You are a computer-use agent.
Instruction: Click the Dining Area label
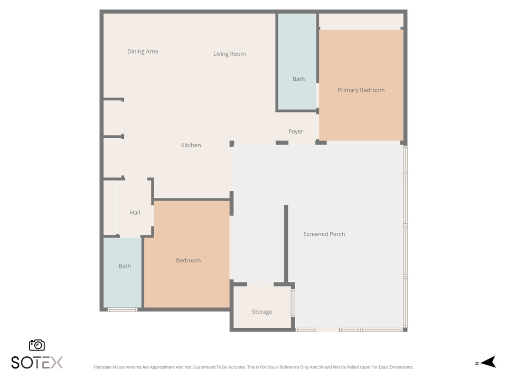[143, 51]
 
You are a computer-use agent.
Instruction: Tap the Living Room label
[229, 54]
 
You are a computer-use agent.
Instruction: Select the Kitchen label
[191, 145]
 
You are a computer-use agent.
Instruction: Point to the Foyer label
[296, 131]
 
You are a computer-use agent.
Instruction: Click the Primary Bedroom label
[361, 90]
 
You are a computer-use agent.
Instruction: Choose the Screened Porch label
[324, 234]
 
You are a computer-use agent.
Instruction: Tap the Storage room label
[262, 312]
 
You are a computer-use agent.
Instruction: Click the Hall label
[135, 212]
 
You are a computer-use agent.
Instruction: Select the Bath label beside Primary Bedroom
[298, 79]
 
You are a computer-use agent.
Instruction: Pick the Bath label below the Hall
[125, 266]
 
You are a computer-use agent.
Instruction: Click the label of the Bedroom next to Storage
[188, 260]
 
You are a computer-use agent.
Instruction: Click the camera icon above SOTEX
[37, 345]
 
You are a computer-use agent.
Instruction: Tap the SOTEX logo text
[36, 363]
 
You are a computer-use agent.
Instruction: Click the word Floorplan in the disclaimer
[102, 367]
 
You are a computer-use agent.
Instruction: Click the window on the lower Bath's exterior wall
[122, 310]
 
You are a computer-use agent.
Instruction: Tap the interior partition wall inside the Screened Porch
[286, 244]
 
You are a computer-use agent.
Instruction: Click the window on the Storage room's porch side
[293, 302]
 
